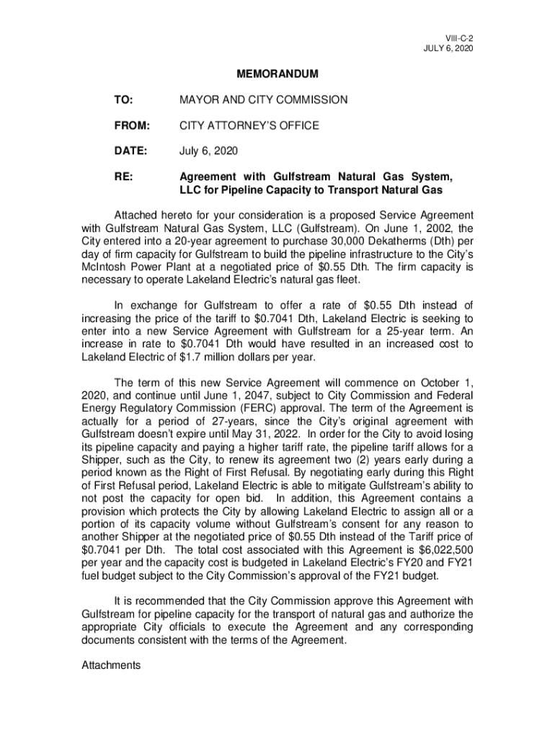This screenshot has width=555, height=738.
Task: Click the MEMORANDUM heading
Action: point(277,74)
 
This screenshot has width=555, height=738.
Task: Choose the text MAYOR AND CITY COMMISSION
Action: point(263,100)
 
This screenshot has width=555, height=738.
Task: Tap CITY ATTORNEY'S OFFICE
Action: point(249,126)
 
